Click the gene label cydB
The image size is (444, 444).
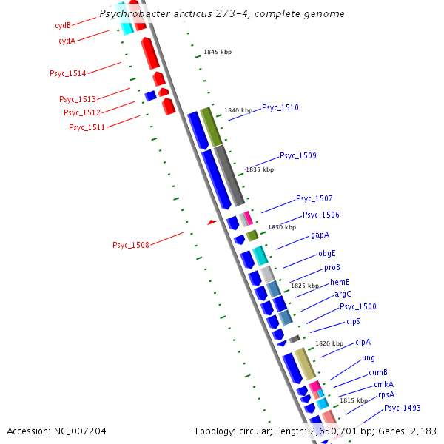point(63,25)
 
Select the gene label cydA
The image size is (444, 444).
point(67,41)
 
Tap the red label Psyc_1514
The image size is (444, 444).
point(68,73)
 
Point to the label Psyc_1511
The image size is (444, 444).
point(87,127)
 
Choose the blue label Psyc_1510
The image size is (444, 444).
point(280,107)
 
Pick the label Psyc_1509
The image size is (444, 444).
point(298,155)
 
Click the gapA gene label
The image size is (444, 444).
point(320,235)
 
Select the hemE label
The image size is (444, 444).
point(340,282)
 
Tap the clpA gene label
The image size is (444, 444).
point(363,342)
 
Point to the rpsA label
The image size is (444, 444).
point(386,395)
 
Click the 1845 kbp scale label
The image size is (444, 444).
point(218,53)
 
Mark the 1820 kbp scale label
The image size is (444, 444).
point(329,343)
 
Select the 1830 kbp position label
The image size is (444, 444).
point(282,227)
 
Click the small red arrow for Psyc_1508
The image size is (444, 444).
point(212,222)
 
